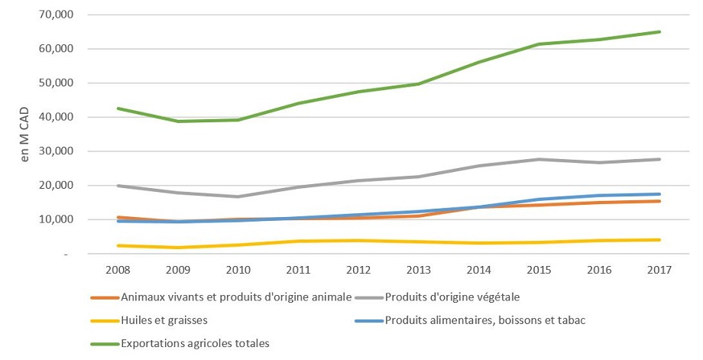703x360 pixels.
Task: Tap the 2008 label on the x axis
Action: point(117,271)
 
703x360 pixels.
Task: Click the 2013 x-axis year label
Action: point(418,271)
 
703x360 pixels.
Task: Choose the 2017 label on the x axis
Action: point(659,271)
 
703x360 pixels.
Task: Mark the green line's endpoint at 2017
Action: point(659,32)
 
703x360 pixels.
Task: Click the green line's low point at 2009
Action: point(177,122)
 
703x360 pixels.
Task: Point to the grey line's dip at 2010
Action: point(238,196)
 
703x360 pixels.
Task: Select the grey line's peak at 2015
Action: point(539,159)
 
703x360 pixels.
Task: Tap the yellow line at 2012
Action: point(358,241)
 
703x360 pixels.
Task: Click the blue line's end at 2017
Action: point(659,194)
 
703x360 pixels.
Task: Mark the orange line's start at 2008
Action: point(117,217)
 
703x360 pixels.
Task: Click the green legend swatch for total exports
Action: point(103,344)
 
